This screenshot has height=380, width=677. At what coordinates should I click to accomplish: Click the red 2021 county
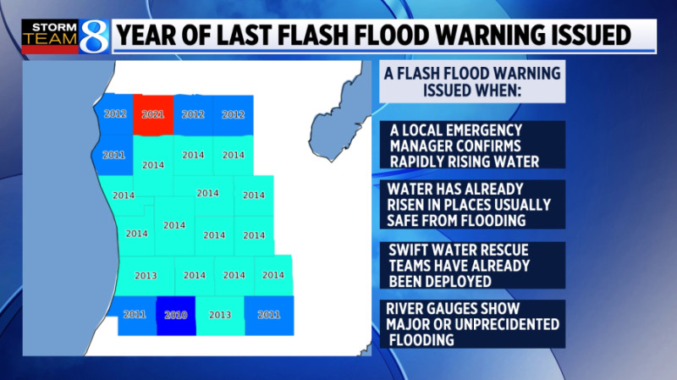(153, 114)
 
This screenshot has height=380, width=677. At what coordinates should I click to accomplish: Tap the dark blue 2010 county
(175, 315)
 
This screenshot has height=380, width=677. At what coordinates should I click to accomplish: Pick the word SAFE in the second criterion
(405, 220)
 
